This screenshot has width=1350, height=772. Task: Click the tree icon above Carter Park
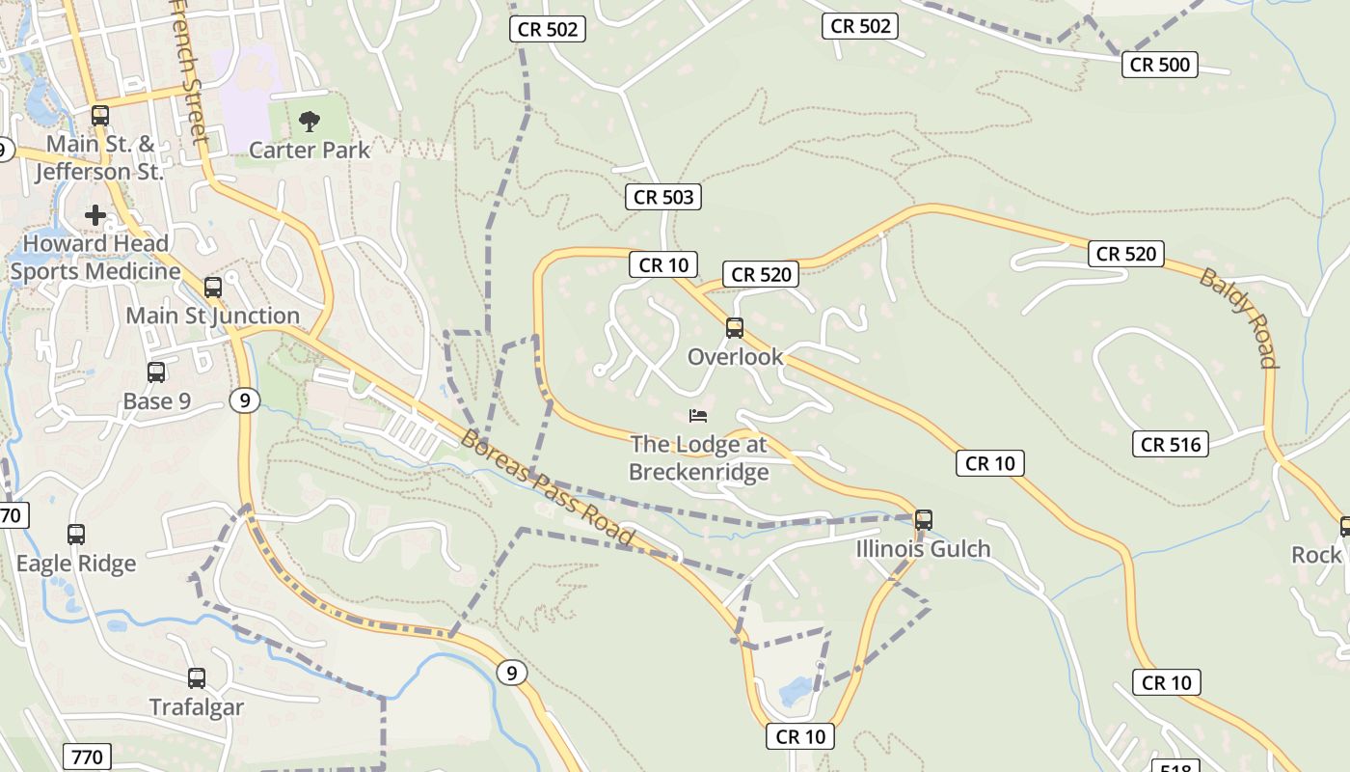coord(310,122)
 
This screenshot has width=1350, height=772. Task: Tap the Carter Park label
coord(310,150)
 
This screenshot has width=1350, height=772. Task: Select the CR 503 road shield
coord(662,197)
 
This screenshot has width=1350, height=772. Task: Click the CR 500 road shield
coord(1160,65)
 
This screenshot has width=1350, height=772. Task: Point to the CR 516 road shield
coord(1171,444)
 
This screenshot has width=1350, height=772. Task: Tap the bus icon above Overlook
coord(735,328)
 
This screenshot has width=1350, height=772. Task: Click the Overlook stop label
coord(735,357)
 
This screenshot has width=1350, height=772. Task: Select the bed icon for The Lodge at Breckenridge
coord(698,416)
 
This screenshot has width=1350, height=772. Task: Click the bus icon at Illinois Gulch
coord(923,520)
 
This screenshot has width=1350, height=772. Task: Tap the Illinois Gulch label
coord(923,549)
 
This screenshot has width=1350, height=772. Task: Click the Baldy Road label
coord(1239,317)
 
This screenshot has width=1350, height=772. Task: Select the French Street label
coord(190,69)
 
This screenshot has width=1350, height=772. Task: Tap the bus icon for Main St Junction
coord(213,287)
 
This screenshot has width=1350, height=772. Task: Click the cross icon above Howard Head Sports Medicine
coord(95,214)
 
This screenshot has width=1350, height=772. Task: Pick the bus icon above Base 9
coord(156,372)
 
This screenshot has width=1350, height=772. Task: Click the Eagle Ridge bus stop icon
coord(76,535)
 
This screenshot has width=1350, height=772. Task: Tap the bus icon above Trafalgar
coord(197,678)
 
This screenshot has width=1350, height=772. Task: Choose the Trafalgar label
coord(197,707)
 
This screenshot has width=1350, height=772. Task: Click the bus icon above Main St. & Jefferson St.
coord(100,116)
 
